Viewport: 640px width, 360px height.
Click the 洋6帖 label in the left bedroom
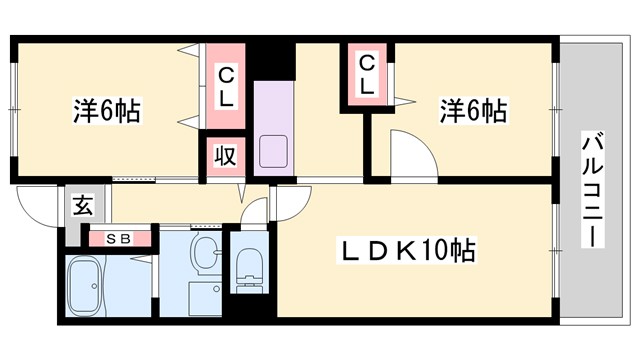coord(106,111)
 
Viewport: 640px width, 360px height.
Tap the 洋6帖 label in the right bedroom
coord(472,111)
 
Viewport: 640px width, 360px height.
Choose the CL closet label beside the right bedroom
coord(367,75)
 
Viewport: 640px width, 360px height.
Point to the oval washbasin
coord(206,254)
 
